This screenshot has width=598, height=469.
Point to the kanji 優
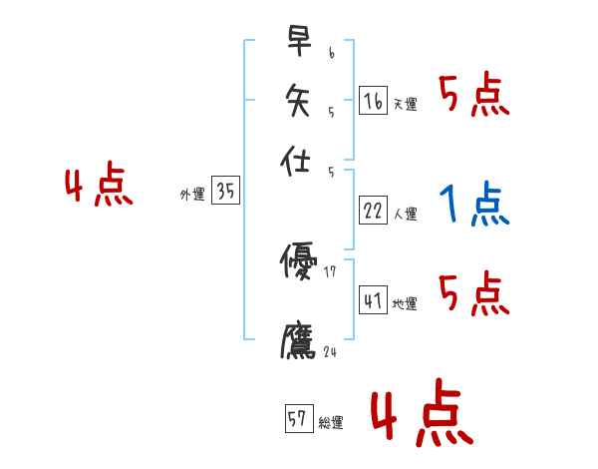298,262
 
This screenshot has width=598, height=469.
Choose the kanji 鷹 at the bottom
298,340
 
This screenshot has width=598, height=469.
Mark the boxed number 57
298,420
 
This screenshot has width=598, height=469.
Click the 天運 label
405,104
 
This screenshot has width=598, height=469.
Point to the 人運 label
405,214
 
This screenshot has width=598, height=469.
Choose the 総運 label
331,423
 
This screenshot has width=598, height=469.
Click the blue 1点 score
474,205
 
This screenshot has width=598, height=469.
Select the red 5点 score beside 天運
474,96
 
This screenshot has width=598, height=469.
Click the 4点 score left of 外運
99,188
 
